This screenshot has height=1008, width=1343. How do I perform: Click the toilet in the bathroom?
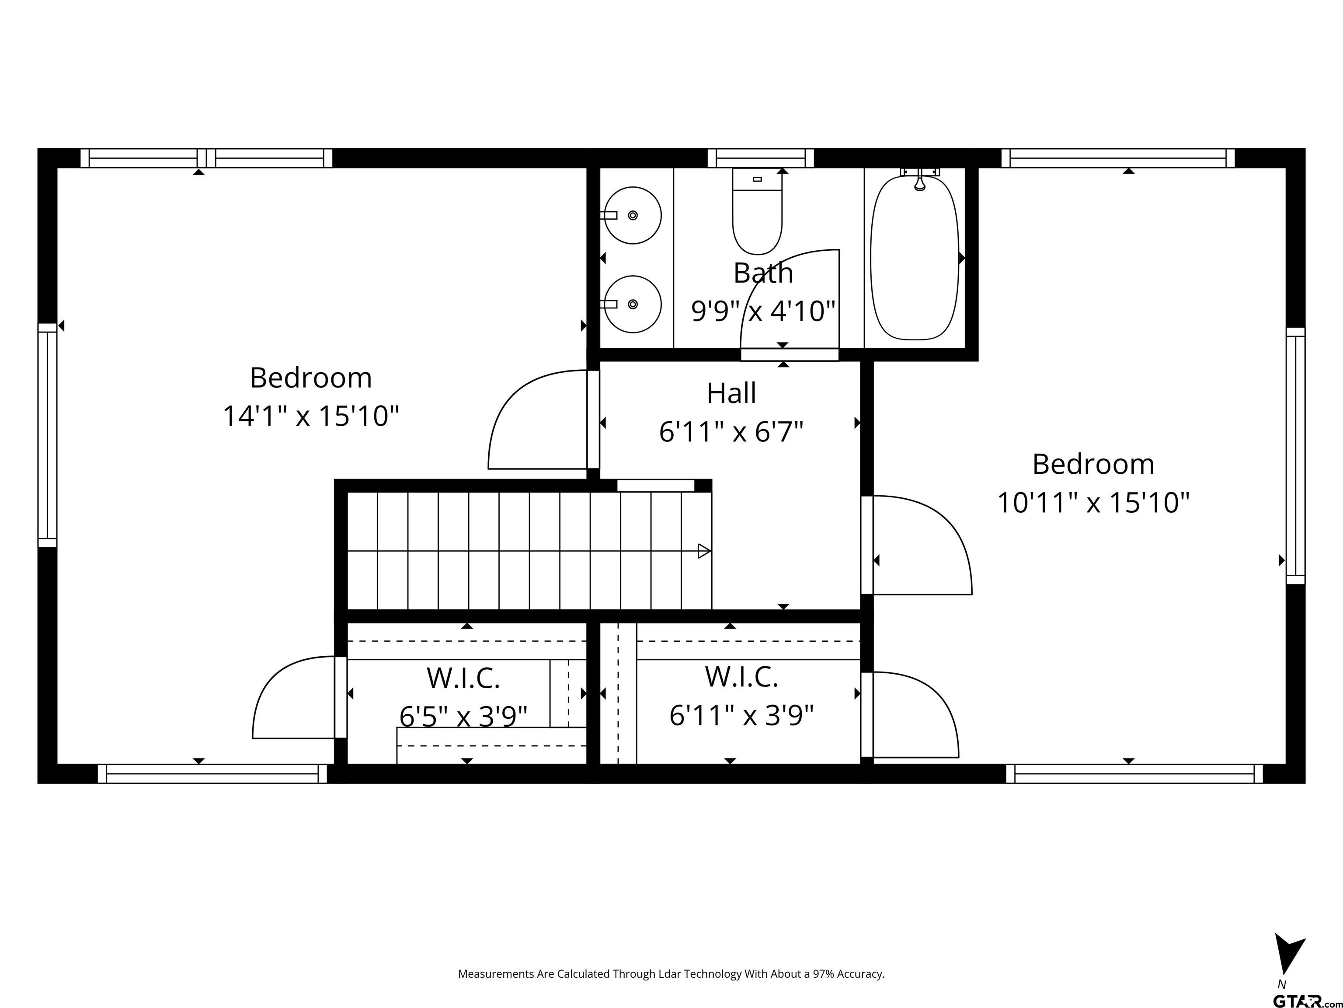tap(757, 211)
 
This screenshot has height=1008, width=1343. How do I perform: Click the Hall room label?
tap(731, 393)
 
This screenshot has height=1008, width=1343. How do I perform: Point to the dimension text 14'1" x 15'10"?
tap(311, 416)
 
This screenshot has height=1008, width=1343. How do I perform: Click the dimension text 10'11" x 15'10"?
tap(1093, 503)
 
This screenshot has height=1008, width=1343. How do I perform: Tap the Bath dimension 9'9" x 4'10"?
tap(763, 311)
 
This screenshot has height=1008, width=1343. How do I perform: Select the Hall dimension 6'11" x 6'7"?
tap(731, 432)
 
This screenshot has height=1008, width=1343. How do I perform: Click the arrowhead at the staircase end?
tap(704, 551)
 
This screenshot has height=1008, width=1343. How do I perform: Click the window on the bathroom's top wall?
tap(761, 158)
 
